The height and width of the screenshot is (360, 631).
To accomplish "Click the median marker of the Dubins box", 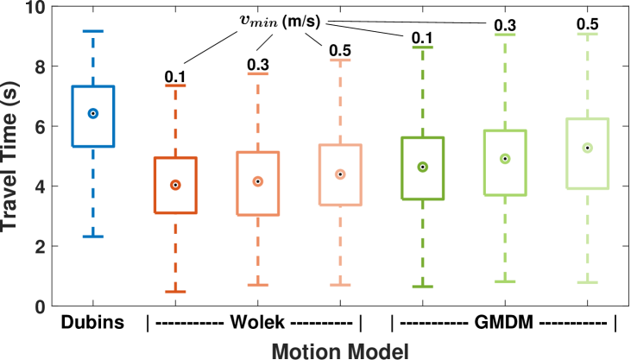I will (x=93, y=113).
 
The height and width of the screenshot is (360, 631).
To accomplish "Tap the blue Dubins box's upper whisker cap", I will (x=93, y=31).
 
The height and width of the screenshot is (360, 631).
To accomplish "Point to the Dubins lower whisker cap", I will (x=93, y=237).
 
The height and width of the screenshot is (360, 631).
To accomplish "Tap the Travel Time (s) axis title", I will (x=12, y=155).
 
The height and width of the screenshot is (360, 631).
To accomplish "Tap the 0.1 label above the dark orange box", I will (x=175, y=79).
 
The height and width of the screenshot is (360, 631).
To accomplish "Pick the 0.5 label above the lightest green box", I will (x=587, y=27).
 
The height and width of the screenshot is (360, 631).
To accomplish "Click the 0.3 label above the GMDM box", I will (x=505, y=27).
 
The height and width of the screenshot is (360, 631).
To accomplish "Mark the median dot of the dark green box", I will (x=423, y=167).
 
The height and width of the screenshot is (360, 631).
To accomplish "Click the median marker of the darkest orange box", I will (x=175, y=185).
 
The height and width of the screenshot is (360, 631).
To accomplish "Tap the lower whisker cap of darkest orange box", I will (x=175, y=292).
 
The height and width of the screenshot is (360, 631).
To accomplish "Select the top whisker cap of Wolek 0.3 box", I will (x=257, y=74).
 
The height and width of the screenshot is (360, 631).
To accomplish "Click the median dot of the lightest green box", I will (x=587, y=148).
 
